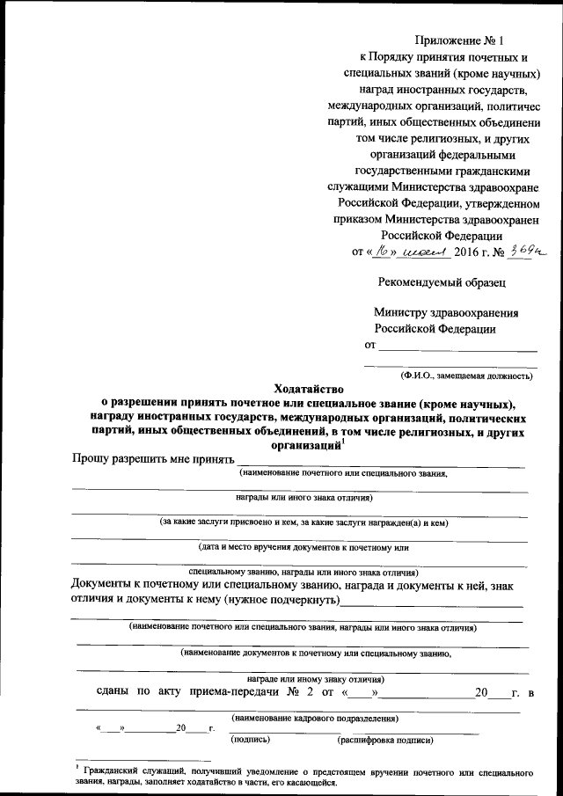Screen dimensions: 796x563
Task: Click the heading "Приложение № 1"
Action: [x=459, y=40]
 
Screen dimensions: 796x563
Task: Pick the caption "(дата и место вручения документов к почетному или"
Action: [x=304, y=547]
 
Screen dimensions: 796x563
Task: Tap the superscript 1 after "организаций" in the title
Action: [x=343, y=442]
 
